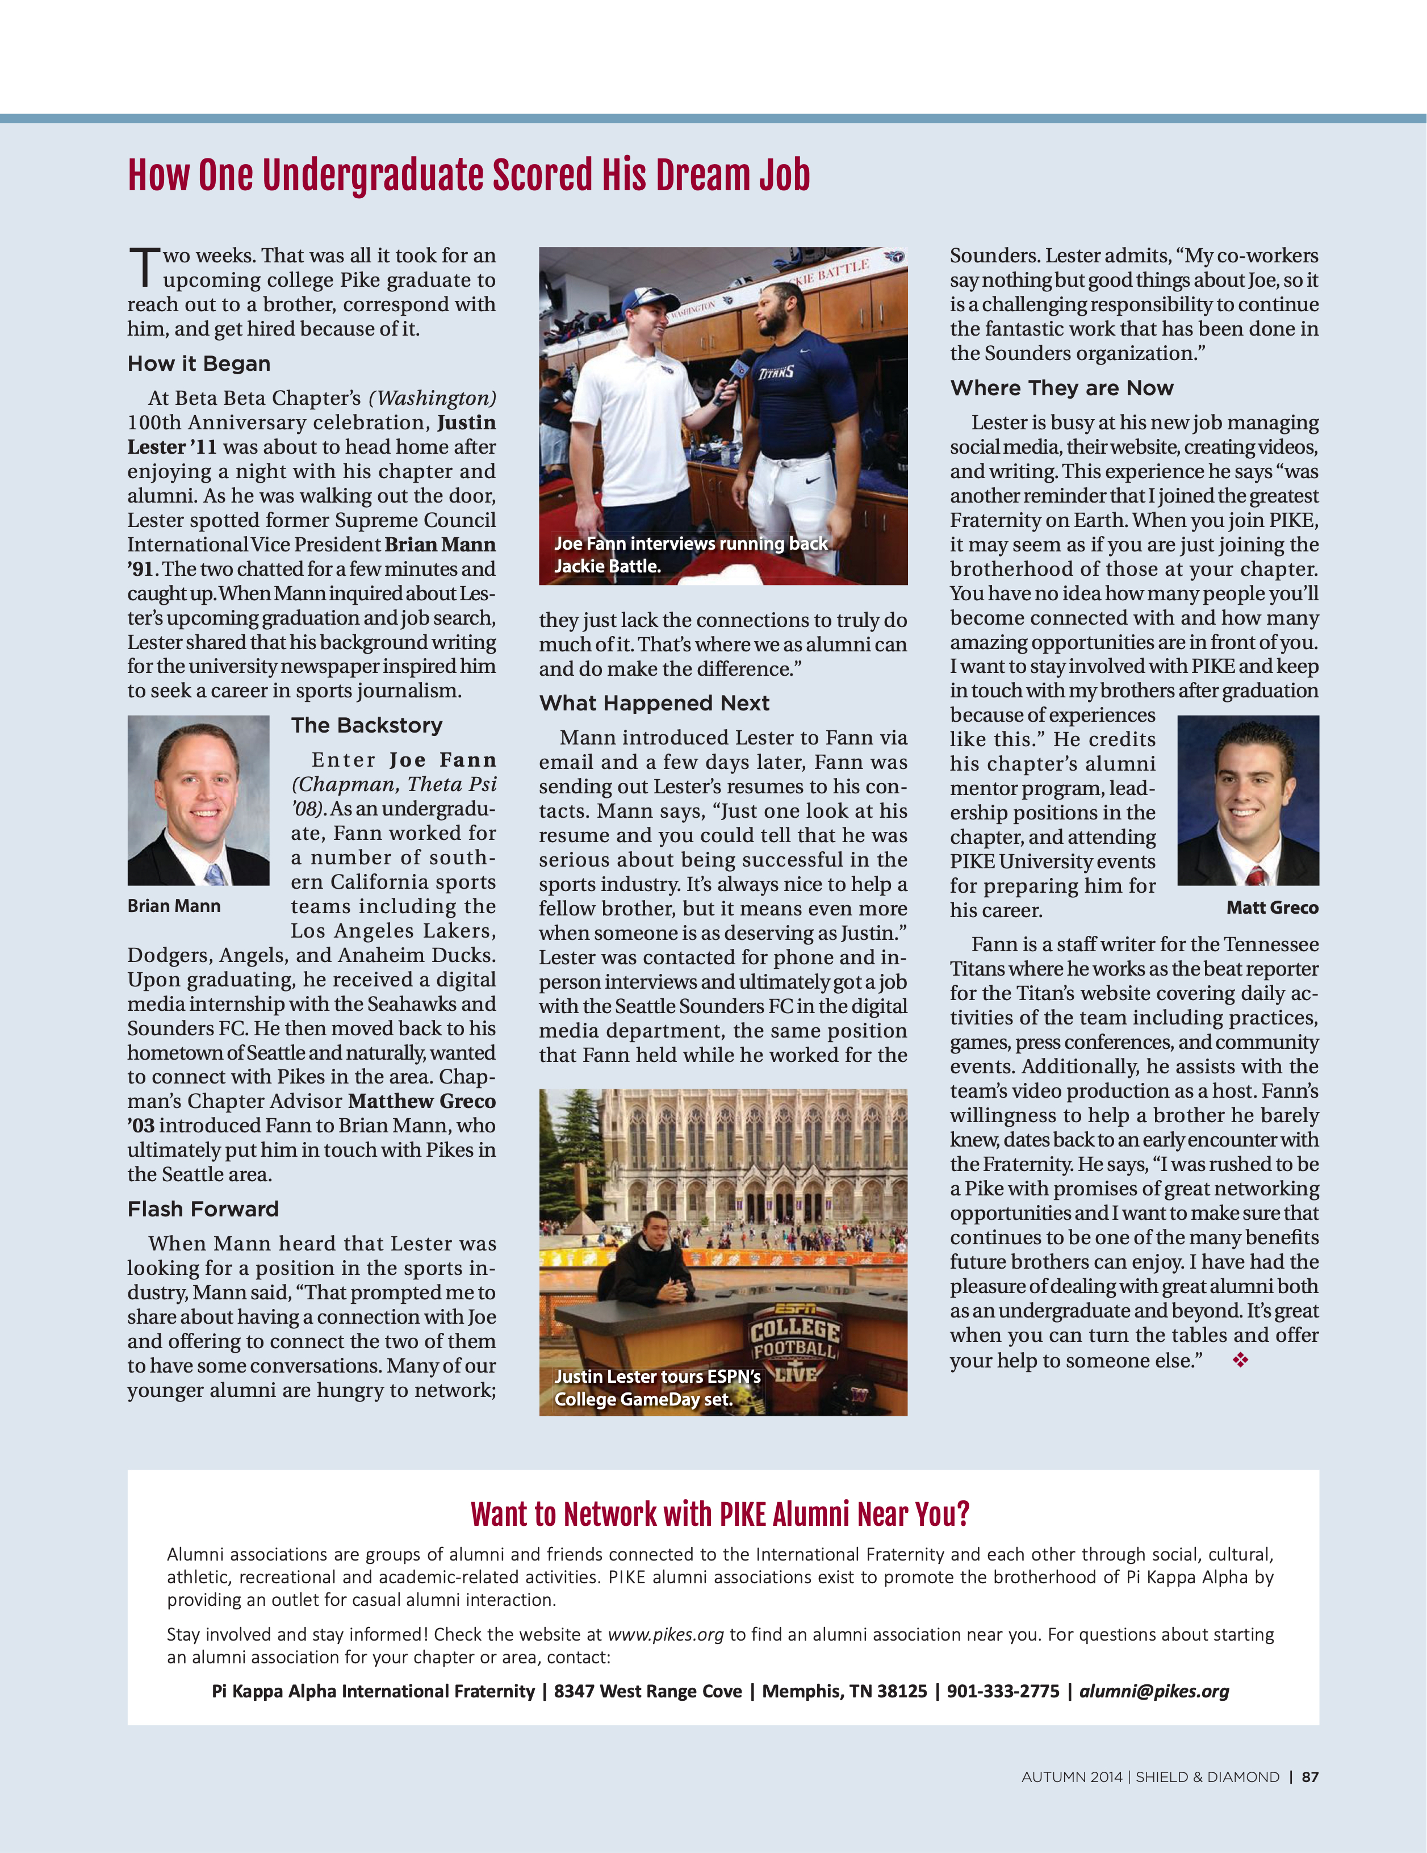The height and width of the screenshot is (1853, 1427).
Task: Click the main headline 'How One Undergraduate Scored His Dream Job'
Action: (468, 175)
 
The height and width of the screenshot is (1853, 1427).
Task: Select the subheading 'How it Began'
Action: (199, 364)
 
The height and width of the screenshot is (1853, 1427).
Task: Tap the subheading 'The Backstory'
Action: (366, 725)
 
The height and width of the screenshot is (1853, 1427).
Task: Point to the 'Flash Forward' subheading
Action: (203, 1209)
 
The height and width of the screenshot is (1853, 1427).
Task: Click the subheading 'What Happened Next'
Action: (654, 704)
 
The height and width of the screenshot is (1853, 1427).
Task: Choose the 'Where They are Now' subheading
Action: (1061, 388)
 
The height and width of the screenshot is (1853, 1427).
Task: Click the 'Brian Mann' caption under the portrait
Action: (174, 906)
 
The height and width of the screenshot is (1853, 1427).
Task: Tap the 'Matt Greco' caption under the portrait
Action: (1272, 908)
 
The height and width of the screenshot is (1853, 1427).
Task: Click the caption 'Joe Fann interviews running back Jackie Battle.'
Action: (691, 555)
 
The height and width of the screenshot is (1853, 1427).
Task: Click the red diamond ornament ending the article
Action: (1240, 1361)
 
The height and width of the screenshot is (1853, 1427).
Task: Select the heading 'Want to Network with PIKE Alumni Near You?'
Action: (720, 1515)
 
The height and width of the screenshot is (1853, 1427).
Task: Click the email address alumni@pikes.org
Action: (1154, 1691)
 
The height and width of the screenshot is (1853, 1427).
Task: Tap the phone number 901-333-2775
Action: (1003, 1691)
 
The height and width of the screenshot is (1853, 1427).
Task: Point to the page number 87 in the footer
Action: (1310, 1777)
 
